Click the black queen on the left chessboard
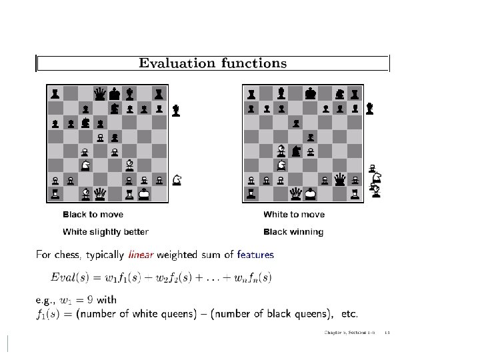[x=100, y=93]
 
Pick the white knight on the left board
[x=85, y=165]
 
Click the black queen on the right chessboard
[x=340, y=179]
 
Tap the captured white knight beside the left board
[x=177, y=179]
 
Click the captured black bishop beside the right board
[x=370, y=108]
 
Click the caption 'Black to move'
[x=93, y=215]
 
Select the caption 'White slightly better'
[x=105, y=232]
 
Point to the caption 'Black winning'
[x=293, y=232]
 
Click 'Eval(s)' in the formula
[x=69, y=277]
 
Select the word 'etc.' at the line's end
[x=350, y=313]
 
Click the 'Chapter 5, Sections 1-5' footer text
[x=350, y=332]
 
